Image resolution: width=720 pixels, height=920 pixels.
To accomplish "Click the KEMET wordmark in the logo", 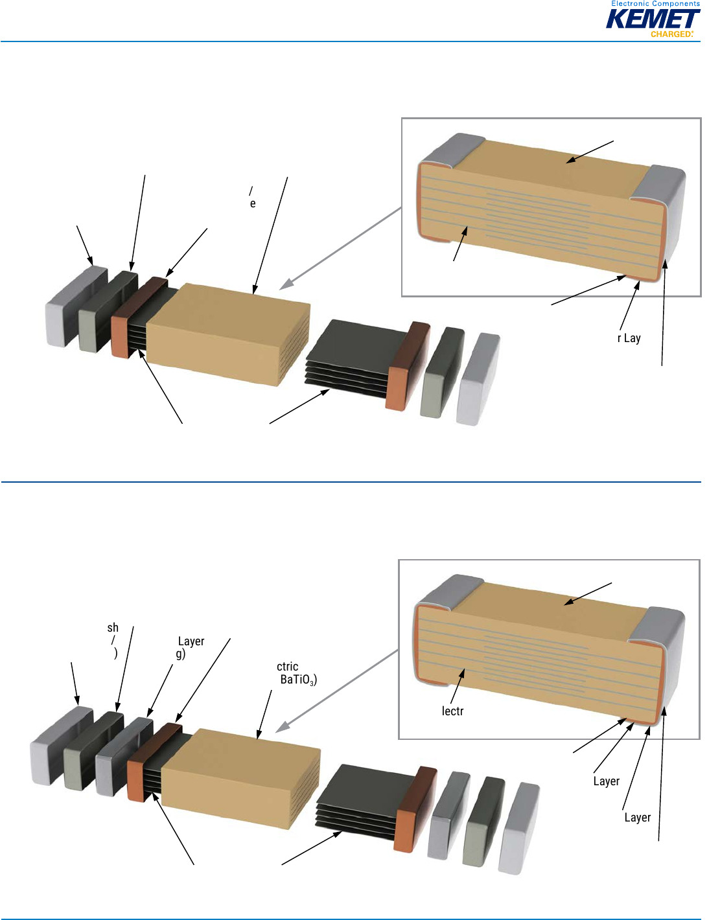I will (652, 19).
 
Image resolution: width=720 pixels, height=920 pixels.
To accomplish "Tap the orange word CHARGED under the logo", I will (671, 34).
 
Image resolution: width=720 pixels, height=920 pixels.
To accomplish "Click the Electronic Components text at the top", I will (655, 4).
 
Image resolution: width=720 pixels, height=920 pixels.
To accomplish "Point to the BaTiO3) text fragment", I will (298, 680).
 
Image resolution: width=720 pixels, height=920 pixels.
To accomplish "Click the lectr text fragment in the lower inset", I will (452, 711).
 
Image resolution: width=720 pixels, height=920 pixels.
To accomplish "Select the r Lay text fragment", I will (629, 338).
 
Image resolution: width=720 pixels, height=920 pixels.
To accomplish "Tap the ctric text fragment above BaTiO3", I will (287, 666).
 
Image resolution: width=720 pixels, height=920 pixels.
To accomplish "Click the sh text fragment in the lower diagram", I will (113, 627).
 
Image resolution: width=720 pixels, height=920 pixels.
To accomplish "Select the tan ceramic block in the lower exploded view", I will (240, 771).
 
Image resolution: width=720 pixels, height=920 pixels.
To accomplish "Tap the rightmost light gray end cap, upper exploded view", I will (478, 379).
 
